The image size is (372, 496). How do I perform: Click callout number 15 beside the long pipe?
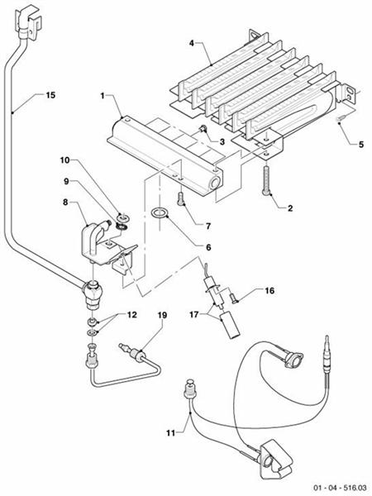coord(50,95)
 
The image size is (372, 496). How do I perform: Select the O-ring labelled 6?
coord(159,216)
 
